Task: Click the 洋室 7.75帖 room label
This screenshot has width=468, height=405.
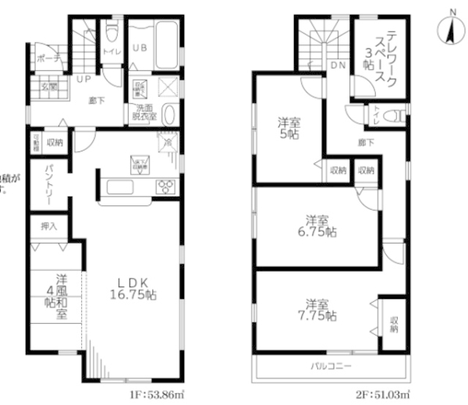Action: click(x=321, y=310)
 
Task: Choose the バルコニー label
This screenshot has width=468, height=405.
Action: click(x=333, y=366)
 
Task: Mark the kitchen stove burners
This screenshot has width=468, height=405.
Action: click(x=165, y=187)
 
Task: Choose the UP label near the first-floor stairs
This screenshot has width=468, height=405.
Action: click(x=81, y=79)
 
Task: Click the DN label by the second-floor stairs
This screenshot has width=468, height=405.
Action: click(x=339, y=67)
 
